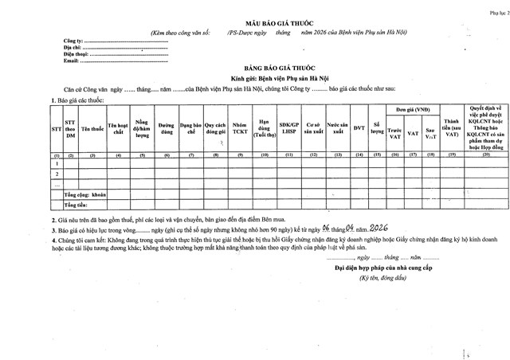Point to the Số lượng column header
coord(377,127)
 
